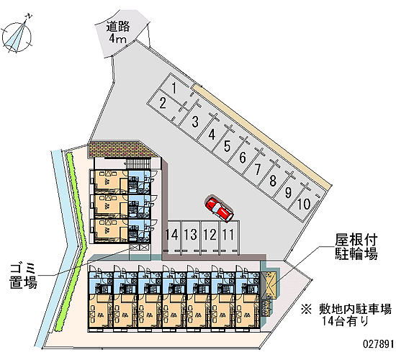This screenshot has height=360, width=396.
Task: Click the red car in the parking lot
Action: [x=219, y=209]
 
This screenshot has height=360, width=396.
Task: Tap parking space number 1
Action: [x=174, y=89]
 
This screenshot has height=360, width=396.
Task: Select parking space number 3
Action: [x=194, y=121]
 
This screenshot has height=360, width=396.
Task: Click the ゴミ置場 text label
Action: [x=23, y=276]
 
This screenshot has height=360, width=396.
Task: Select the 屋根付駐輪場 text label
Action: [x=356, y=247]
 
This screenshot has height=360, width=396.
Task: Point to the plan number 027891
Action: [x=378, y=344]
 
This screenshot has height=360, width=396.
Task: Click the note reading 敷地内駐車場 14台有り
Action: [x=346, y=315]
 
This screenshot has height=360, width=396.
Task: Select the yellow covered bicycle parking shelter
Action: [x=271, y=283]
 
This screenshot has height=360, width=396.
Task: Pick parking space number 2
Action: [x=163, y=104]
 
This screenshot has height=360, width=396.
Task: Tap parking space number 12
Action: [x=210, y=235]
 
